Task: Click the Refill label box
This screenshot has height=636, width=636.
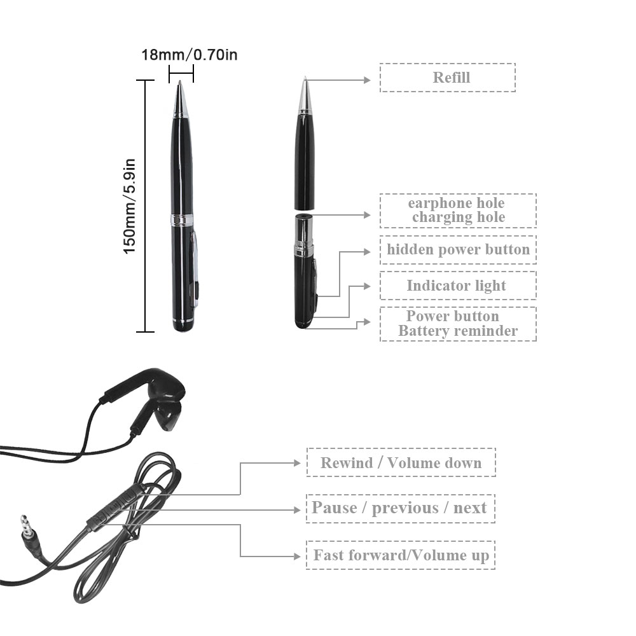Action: click(x=447, y=78)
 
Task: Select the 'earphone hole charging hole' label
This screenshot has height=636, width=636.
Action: click(x=458, y=211)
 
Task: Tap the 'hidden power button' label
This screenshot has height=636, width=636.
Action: click(x=458, y=249)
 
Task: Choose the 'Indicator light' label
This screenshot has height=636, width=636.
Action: click(x=458, y=286)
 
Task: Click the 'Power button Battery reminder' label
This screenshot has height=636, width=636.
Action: click(x=458, y=324)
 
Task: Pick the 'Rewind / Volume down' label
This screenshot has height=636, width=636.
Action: click(x=401, y=462)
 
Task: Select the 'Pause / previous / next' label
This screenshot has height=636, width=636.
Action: click(x=401, y=508)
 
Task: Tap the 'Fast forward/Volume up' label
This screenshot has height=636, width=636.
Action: click(x=401, y=555)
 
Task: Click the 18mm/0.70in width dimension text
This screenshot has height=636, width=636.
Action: click(x=190, y=55)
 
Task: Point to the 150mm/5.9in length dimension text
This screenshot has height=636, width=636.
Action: click(x=129, y=207)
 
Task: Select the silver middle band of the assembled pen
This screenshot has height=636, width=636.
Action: click(x=182, y=219)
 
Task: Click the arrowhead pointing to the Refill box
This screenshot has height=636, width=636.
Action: click(x=367, y=80)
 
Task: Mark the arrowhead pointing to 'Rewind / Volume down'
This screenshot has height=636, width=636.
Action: click(x=297, y=463)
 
